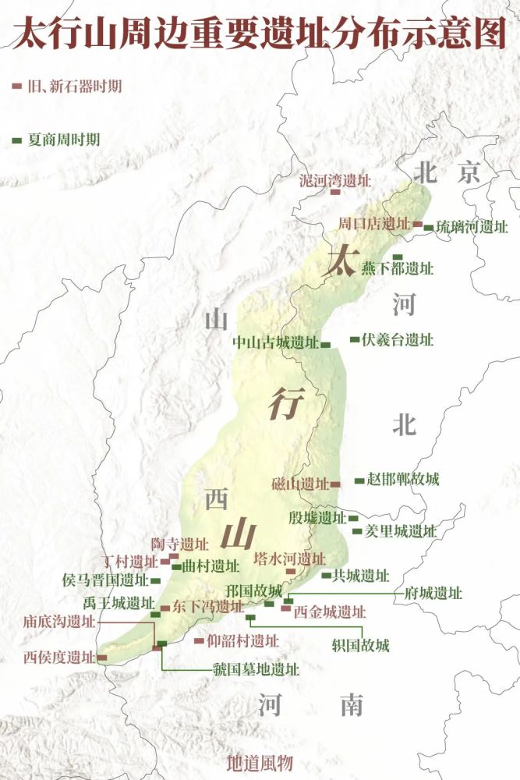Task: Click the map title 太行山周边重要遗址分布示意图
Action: click(x=260, y=35)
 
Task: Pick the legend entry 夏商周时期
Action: click(x=63, y=140)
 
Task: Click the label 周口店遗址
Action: click(x=373, y=224)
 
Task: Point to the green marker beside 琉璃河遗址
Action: click(x=428, y=228)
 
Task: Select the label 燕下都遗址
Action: click(x=397, y=269)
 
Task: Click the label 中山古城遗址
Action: click(x=275, y=342)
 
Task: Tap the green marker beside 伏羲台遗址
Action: click(x=354, y=339)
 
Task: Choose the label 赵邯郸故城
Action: click(x=403, y=480)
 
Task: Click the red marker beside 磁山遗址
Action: click(x=335, y=484)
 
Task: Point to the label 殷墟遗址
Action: click(x=317, y=518)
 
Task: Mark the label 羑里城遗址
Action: click(x=401, y=531)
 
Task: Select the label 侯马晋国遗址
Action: click(x=104, y=580)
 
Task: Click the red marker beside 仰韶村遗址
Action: click(x=197, y=641)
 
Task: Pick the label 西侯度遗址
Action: click(x=58, y=657)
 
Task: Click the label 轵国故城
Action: click(x=359, y=645)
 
